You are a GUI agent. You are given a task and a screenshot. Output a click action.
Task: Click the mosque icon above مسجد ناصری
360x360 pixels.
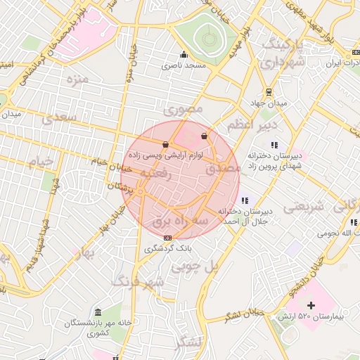[x=184, y=55]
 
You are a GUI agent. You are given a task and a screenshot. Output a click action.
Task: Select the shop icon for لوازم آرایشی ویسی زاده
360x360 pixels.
[x=165, y=145]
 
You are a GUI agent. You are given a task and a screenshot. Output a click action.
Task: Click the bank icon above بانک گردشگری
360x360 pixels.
[x=167, y=238]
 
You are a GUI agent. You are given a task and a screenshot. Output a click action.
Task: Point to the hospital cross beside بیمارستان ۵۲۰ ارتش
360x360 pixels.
[x=311, y=306]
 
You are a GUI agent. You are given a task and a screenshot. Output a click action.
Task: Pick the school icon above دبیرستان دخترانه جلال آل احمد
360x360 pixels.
[x=244, y=201]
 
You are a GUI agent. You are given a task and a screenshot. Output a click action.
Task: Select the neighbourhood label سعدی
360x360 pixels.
[x=58, y=119]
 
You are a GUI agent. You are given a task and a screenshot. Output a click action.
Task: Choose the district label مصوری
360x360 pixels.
[x=183, y=110]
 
